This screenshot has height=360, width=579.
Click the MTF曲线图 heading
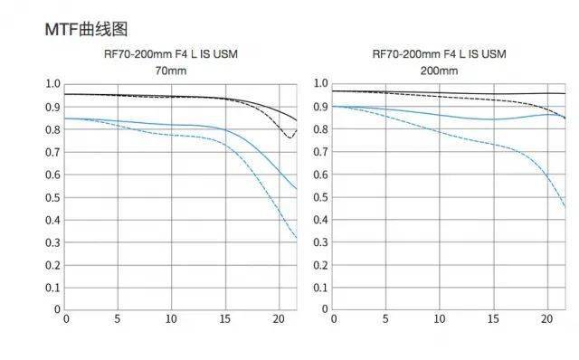(x=87, y=29)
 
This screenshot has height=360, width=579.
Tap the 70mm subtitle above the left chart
(x=171, y=71)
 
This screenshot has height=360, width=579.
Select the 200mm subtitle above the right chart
(x=439, y=71)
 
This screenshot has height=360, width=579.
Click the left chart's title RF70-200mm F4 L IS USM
(x=171, y=54)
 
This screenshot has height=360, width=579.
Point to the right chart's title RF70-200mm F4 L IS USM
(x=439, y=54)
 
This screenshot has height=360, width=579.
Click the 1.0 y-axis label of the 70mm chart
(x=52, y=83)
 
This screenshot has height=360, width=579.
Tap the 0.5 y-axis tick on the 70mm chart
(x=52, y=197)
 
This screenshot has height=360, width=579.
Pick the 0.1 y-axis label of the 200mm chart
(x=320, y=288)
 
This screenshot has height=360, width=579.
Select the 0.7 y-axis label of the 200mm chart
(x=320, y=151)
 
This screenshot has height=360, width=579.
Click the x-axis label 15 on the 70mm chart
(x=225, y=318)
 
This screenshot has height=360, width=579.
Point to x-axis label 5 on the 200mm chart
(x=385, y=318)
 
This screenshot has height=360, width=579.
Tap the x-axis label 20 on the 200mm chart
(x=546, y=318)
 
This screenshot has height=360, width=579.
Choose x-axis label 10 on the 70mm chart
(x=171, y=318)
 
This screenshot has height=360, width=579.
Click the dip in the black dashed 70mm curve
(x=289, y=137)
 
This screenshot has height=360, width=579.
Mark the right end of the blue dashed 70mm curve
(x=297, y=238)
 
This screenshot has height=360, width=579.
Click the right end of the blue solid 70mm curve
(x=297, y=189)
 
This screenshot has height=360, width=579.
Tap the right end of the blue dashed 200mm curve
(x=565, y=207)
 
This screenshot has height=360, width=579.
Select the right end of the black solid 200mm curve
(x=565, y=93)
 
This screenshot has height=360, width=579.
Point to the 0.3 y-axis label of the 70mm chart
(x=52, y=242)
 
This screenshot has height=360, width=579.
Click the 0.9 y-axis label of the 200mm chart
(x=320, y=107)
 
